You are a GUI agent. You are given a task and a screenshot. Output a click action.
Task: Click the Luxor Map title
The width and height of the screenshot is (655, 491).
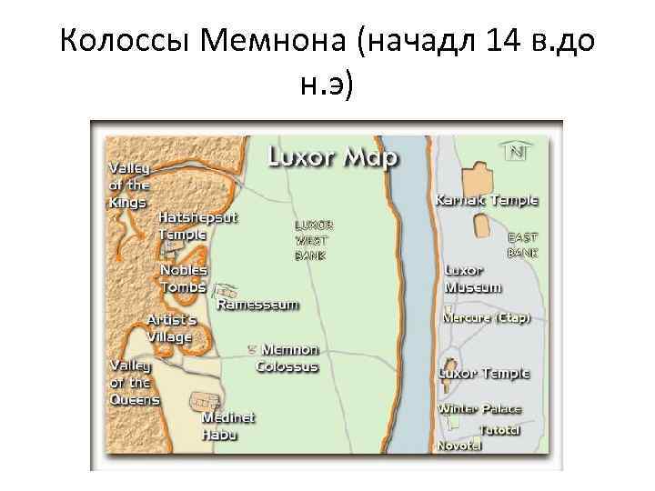[x=332, y=157]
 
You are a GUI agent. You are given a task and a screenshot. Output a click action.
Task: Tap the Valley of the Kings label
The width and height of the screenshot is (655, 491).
[x=128, y=185]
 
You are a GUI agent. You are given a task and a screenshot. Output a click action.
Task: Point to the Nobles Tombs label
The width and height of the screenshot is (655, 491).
[x=184, y=278]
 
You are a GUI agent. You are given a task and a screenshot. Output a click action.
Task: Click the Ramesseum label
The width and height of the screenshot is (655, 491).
[x=257, y=305]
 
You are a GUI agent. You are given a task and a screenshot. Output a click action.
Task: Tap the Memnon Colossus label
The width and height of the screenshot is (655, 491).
[x=288, y=357]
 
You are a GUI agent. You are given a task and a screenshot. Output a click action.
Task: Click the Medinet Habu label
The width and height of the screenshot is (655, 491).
[x=228, y=426]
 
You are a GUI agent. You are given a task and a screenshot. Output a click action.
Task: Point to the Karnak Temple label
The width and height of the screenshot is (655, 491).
[x=487, y=200]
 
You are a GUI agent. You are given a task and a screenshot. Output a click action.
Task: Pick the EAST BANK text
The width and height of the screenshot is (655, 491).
[x=523, y=245]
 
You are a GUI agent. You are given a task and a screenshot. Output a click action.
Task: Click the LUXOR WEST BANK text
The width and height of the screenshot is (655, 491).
[x=313, y=240]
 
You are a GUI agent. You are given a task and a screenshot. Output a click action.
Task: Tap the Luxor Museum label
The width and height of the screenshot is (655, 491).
[x=472, y=279]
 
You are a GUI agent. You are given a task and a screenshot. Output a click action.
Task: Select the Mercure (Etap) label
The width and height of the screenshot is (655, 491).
[x=486, y=318]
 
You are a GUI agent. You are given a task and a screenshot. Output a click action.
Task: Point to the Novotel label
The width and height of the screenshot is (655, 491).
[x=459, y=446]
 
